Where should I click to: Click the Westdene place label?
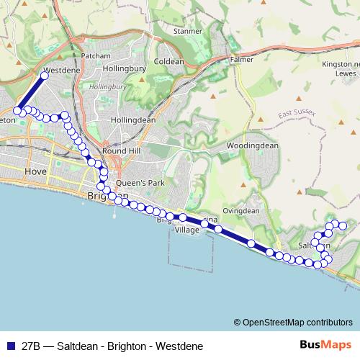coord(58,73)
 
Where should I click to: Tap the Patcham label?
coord(94,55)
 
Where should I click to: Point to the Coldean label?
coord(169,62)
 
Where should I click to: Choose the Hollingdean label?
coord(133,120)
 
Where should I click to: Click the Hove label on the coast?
coord(35,172)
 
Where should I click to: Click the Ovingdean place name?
coord(240,211)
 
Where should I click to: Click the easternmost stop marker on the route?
coord(343,226)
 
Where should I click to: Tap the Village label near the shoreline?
coord(186,230)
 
